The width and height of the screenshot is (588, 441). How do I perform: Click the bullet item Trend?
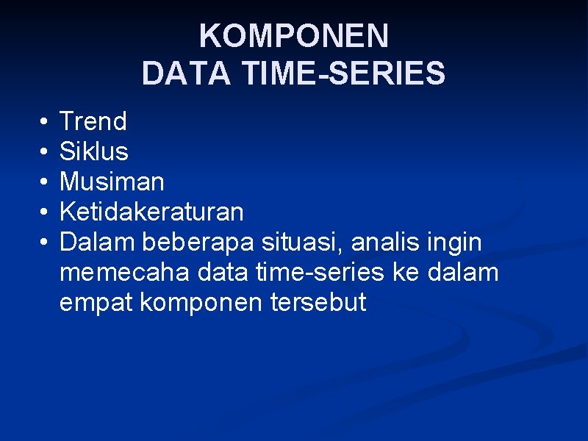(93, 121)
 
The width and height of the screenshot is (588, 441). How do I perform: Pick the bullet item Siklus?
(93, 151)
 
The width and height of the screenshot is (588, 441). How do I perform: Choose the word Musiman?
(112, 182)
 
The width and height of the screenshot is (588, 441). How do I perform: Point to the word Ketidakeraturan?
(151, 212)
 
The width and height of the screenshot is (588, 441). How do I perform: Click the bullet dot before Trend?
(44, 121)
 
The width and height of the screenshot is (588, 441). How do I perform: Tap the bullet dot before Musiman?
(44, 182)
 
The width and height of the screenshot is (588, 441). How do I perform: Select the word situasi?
(300, 242)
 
